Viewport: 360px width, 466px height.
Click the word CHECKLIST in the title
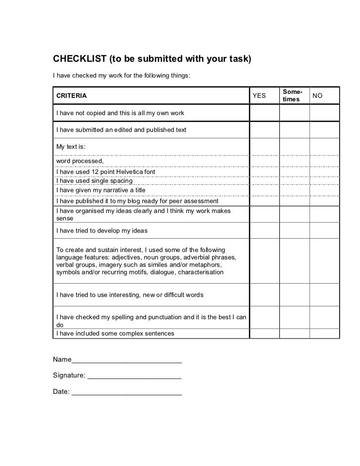coord(79,60)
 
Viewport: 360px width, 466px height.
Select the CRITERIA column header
coord(71,95)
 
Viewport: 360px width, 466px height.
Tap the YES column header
coord(259,95)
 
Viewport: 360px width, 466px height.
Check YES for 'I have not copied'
coord(264,113)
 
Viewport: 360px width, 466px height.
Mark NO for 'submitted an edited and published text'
coord(324,130)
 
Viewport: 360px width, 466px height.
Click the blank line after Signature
coord(134,377)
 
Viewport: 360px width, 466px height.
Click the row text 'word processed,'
coord(80,161)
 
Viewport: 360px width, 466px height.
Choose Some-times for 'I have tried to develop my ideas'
coord(294,231)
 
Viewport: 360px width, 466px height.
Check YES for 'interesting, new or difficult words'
coord(264,295)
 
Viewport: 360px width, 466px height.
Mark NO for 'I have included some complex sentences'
coord(324,334)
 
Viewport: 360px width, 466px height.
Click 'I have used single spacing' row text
coord(94,181)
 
